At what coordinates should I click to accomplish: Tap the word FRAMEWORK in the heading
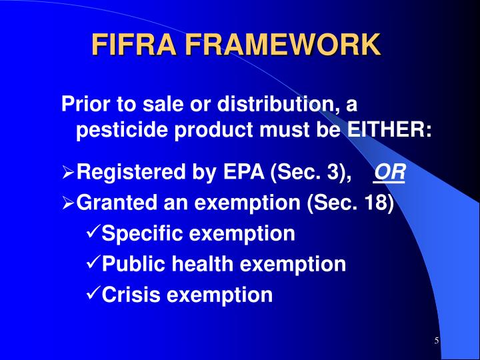(283, 45)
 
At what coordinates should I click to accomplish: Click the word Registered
(125, 173)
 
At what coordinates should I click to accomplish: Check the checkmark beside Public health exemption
(93, 264)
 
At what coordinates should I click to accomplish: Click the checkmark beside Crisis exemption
(93, 294)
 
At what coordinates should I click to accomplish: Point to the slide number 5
(437, 341)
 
